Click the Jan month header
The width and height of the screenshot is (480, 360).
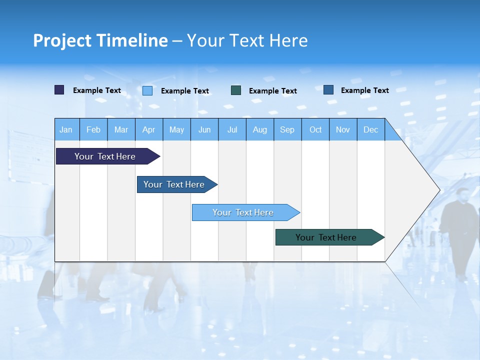(x=66, y=129)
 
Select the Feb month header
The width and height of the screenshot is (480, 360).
(x=93, y=129)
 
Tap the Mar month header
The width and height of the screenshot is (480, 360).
(x=121, y=129)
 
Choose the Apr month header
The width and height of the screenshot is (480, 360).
(x=149, y=129)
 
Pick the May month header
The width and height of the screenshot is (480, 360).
(x=176, y=129)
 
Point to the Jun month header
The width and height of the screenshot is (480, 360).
(x=204, y=129)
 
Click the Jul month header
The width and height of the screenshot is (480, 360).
(x=232, y=129)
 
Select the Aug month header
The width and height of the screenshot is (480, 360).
(x=260, y=129)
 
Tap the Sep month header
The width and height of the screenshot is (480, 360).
(x=287, y=129)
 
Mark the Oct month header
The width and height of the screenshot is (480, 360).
(x=315, y=129)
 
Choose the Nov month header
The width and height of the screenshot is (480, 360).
(x=343, y=129)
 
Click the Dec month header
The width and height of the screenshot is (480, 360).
(x=371, y=129)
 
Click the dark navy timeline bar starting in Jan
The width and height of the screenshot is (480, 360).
(x=105, y=156)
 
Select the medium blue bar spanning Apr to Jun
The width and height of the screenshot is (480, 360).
(x=174, y=184)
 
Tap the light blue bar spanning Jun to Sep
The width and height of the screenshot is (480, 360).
(x=243, y=212)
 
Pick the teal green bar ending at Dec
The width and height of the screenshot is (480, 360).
(x=326, y=237)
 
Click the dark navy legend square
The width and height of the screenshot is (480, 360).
(x=59, y=90)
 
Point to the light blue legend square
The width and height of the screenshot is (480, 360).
(x=147, y=90)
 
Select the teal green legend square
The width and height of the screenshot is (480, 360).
(x=236, y=90)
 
